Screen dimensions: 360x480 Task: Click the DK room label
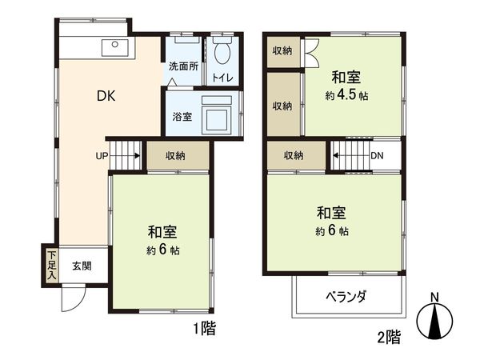pos(106,97)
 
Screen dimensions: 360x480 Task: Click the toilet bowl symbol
pos(222,52)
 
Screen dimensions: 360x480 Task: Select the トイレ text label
pos(222,78)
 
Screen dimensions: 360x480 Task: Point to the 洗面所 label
pos(183,67)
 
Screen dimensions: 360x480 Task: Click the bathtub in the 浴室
pos(217,115)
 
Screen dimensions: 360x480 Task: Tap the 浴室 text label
pos(182,116)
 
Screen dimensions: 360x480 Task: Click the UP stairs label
pos(102,155)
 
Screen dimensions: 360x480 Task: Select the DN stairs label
pos(376,155)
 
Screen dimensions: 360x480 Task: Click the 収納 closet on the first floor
pos(177,155)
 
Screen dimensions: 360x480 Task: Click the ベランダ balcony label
pos(346,297)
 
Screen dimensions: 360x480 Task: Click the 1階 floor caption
pos(203,328)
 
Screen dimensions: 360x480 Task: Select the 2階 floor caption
pos(388,337)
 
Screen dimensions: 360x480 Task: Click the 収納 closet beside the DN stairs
pos(294,155)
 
